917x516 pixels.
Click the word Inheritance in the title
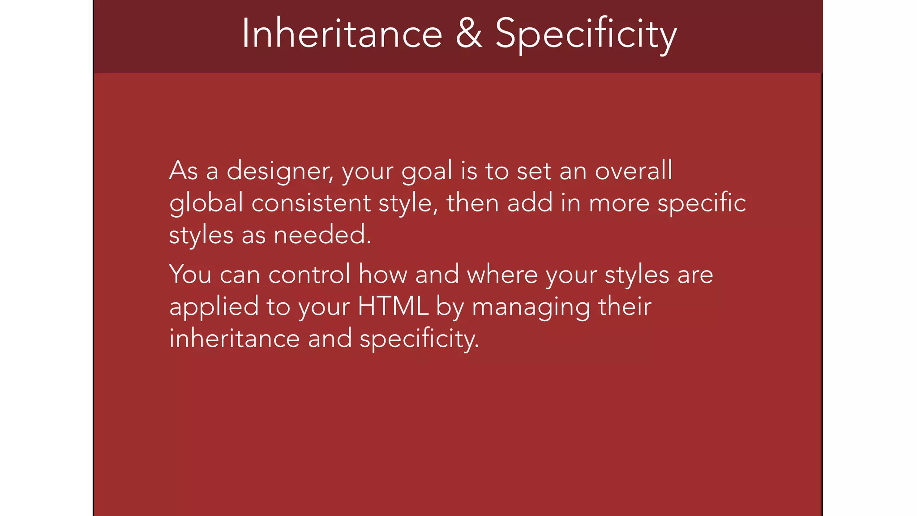click(342, 34)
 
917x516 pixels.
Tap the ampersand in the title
click(469, 34)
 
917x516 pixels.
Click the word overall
click(633, 171)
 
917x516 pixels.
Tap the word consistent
click(311, 203)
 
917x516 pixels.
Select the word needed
click(322, 235)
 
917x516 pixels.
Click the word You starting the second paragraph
click(190, 274)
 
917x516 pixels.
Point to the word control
click(309, 274)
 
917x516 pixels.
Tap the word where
click(502, 274)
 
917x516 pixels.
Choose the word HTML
click(393, 306)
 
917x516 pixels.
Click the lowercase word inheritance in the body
click(234, 338)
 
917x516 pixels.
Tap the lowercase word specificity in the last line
click(419, 339)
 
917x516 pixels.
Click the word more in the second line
click(618, 203)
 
